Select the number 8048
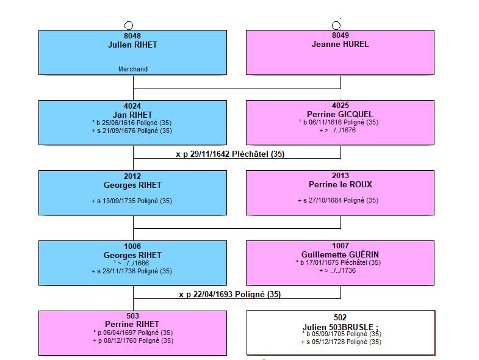[x=132, y=36]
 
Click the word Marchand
[x=133, y=69]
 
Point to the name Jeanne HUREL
[x=340, y=45]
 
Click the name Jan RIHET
[x=132, y=115]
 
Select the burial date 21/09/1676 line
[x=132, y=131]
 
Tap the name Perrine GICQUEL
[x=340, y=114]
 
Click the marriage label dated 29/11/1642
[x=230, y=154]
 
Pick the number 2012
[x=132, y=176]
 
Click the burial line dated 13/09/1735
[x=132, y=201]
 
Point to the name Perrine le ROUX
[x=340, y=185]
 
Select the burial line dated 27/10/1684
[x=338, y=201]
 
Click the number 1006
[x=132, y=247]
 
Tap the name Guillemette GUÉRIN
[x=340, y=254]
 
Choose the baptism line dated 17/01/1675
[x=338, y=262]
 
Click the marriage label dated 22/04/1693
[x=229, y=294]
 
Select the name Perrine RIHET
[x=132, y=324]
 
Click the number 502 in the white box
[x=340, y=317]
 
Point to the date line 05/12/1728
[x=341, y=342]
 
